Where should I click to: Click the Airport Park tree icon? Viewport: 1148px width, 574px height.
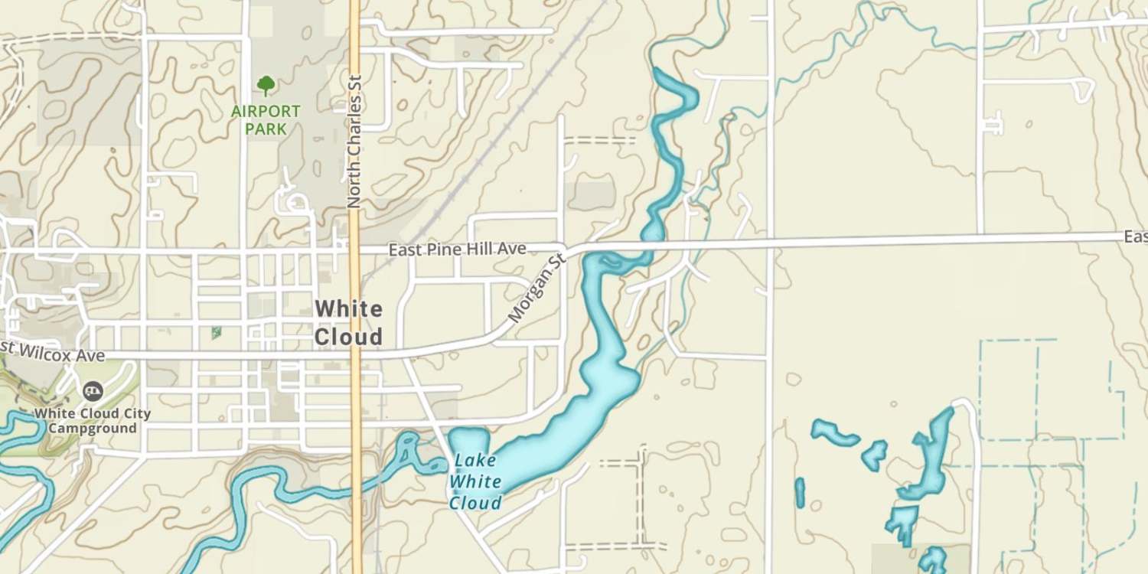(x=266, y=85)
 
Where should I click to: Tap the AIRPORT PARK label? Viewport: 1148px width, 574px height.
(x=266, y=120)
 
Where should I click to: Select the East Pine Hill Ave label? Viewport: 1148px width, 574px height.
(x=457, y=249)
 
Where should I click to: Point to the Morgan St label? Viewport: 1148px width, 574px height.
(x=536, y=289)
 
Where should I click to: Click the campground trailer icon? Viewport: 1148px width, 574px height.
(x=93, y=392)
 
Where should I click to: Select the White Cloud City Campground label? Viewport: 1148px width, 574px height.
(x=92, y=420)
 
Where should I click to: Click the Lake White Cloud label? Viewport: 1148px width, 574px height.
(x=475, y=482)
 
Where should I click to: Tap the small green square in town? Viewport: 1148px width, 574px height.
(x=217, y=333)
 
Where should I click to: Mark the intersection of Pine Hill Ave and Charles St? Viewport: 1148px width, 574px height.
(x=355, y=249)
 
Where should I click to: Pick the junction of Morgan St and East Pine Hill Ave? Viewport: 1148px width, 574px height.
(x=568, y=249)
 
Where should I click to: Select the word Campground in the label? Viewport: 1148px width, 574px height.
(x=92, y=429)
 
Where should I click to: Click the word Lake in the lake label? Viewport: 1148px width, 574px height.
(x=475, y=461)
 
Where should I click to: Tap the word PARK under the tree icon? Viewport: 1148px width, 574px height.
(x=266, y=129)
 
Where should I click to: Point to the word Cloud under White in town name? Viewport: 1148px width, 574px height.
(x=348, y=338)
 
